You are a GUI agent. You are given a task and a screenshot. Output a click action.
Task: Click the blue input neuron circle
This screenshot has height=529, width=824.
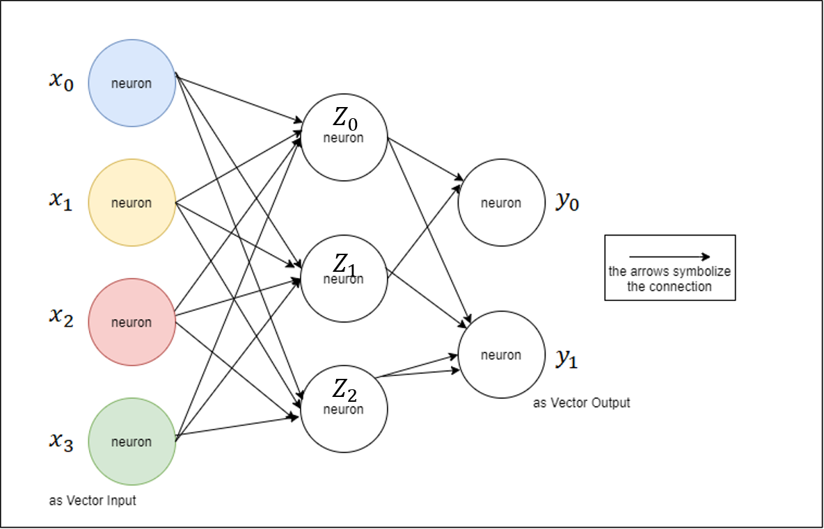(x=132, y=83)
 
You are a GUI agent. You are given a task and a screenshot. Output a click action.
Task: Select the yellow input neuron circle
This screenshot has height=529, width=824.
(x=132, y=202)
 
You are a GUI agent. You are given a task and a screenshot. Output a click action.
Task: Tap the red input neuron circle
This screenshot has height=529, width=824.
(x=132, y=322)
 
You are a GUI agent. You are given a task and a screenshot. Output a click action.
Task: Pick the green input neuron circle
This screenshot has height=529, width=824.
(x=132, y=441)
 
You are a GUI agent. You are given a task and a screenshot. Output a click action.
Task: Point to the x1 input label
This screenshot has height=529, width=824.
(x=61, y=201)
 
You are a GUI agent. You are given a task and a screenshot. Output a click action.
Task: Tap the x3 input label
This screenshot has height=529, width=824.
(x=61, y=441)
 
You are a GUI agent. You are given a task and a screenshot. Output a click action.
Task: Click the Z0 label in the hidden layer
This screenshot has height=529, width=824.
(x=344, y=123)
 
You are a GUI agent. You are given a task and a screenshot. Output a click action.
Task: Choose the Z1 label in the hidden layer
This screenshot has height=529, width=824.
(x=344, y=264)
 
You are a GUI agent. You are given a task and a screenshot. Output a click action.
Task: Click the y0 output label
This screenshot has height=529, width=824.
(x=567, y=202)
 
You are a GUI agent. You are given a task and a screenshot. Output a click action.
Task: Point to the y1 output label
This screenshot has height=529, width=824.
(x=567, y=358)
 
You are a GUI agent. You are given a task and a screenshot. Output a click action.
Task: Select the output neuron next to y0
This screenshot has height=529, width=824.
(x=501, y=202)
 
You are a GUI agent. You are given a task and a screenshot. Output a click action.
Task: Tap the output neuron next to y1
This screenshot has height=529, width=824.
(x=501, y=355)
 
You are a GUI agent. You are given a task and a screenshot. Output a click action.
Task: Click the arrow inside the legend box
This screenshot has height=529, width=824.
(x=669, y=257)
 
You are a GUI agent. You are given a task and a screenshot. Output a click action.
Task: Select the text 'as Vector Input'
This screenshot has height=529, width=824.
(x=93, y=500)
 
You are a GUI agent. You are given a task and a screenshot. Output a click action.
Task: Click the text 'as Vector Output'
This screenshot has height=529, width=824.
(x=582, y=402)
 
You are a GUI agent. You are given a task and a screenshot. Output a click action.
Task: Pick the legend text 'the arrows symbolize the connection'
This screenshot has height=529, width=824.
(x=669, y=279)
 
